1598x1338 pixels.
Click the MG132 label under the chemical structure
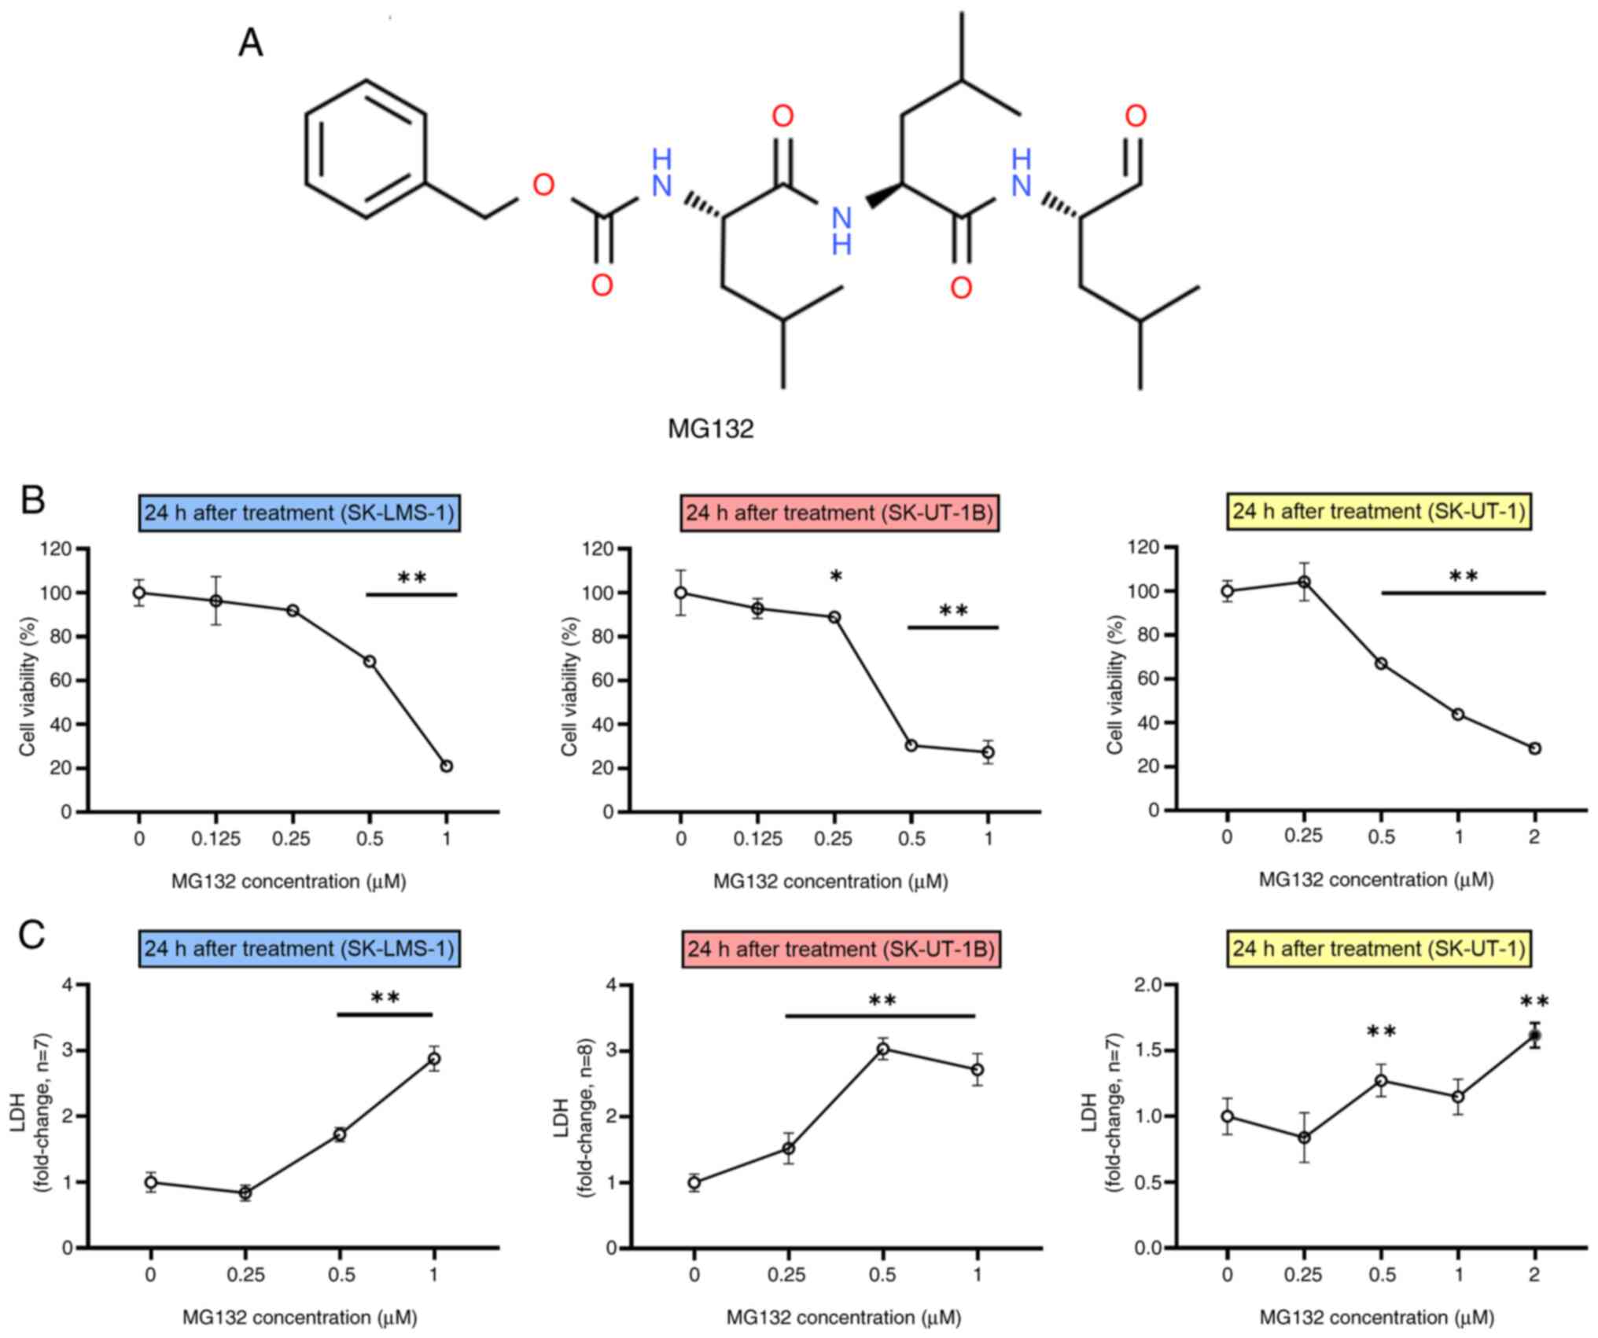point(710,428)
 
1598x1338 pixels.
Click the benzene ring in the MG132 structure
point(366,149)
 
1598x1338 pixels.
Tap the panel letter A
point(250,42)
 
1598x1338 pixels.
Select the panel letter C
point(31,935)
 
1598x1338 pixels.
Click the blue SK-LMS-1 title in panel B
point(299,513)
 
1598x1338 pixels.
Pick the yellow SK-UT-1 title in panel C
point(1379,949)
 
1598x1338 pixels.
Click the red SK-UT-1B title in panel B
point(839,513)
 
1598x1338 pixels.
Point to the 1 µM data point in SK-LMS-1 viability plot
point(447,766)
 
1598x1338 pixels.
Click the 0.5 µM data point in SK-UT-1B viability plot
point(911,745)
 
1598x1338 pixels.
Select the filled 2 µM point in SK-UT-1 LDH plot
point(1534,1035)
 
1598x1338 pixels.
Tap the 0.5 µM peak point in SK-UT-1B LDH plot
point(883,1049)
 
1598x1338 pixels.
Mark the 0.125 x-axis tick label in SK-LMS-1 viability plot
point(215,840)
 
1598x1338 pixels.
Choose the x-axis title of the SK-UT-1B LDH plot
point(844,1317)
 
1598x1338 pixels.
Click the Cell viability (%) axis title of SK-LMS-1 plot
point(28,681)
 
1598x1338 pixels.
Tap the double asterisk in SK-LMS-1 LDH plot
point(385,998)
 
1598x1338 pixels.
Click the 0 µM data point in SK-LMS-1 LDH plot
point(151,1182)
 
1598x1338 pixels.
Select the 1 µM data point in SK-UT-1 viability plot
point(1458,714)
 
